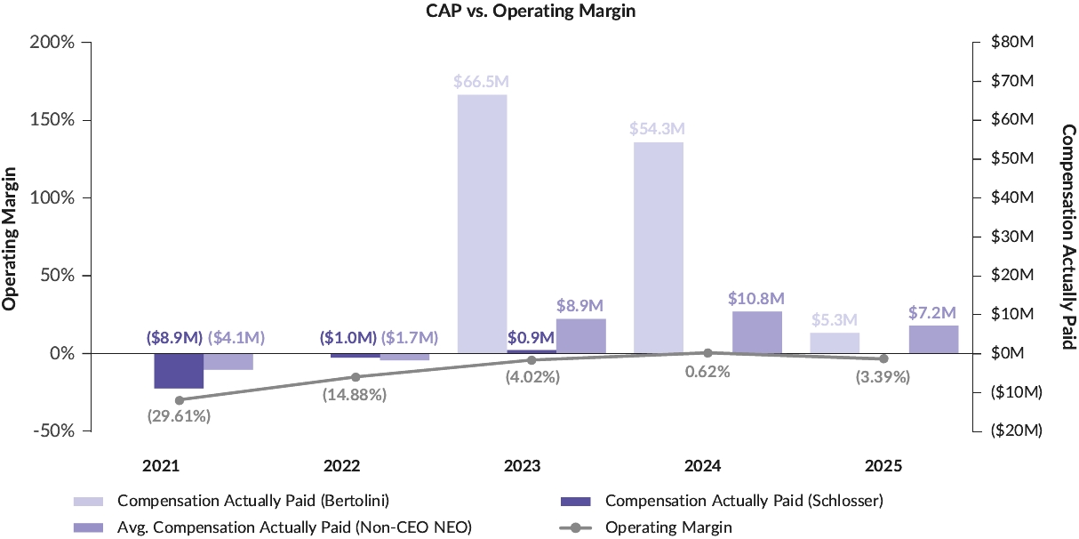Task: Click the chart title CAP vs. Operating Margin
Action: [531, 11]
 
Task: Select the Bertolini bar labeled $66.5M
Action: [483, 224]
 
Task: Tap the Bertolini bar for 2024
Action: [659, 248]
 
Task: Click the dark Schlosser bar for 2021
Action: [179, 371]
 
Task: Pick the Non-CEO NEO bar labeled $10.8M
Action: [757, 333]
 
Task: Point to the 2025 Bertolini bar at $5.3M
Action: [835, 343]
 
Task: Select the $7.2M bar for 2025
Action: [933, 340]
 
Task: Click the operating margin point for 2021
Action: [180, 400]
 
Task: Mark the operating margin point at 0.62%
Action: [707, 353]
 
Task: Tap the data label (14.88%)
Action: [355, 395]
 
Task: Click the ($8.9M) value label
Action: [174, 337]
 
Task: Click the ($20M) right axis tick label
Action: [1017, 430]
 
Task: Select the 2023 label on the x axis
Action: [522, 466]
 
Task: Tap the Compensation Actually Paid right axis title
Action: [1069, 237]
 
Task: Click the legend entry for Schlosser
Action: [722, 501]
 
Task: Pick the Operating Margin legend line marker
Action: [575, 527]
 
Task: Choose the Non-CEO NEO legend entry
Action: [273, 527]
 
